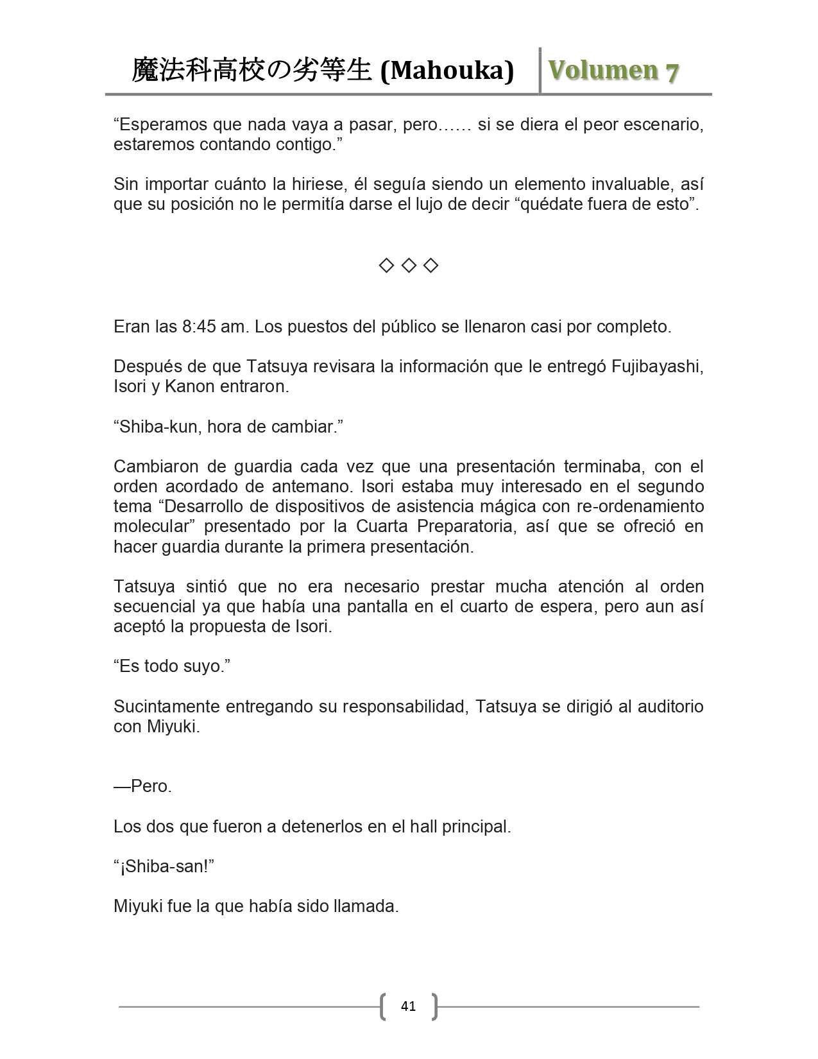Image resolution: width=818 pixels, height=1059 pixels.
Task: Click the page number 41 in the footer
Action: pos(408,1006)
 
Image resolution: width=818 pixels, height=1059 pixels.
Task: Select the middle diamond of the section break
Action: pos(409,265)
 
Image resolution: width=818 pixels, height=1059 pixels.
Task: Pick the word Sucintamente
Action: pos(172,707)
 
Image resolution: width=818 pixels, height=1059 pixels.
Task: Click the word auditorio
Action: pos(668,707)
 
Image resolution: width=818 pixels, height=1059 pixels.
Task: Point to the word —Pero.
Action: pos(142,786)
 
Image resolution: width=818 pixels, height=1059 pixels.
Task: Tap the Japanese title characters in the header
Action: pos(251,71)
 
